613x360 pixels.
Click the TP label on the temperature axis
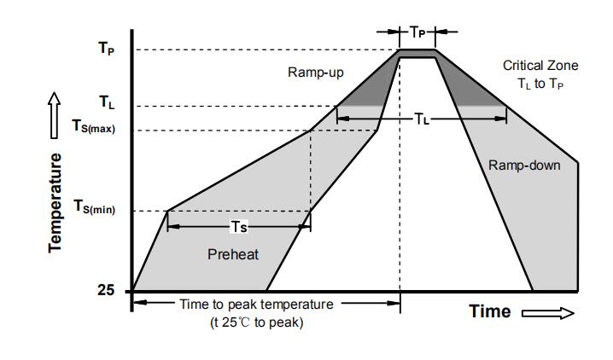point(105,49)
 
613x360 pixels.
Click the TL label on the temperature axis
point(106,103)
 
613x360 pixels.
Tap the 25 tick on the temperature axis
point(106,290)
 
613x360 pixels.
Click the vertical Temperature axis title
point(55,202)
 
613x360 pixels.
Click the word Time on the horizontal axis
point(490,311)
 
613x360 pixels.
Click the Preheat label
point(233,254)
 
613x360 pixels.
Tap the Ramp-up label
point(315,73)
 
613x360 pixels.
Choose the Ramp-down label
point(524,165)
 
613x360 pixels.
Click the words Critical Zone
point(540,66)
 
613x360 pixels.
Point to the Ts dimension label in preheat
point(240,226)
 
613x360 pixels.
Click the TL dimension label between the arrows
point(422,119)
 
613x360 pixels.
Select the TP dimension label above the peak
point(417,32)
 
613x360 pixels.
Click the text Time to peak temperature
point(256,305)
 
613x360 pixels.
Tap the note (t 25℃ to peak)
point(257,322)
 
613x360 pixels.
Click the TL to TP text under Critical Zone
point(540,84)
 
